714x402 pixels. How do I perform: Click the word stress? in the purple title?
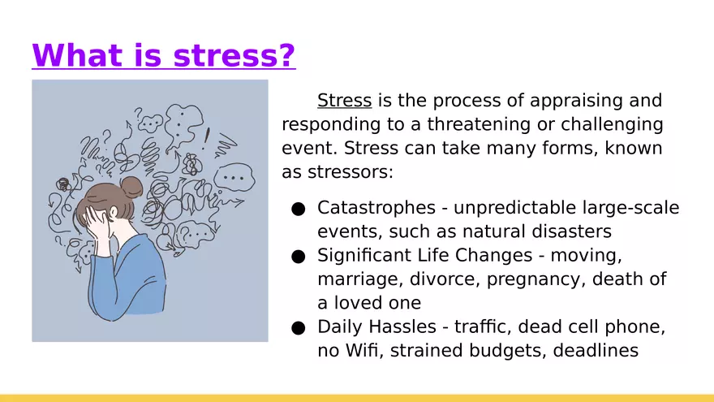(x=234, y=55)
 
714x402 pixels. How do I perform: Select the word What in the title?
(x=78, y=54)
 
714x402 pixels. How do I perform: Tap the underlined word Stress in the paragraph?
(x=344, y=100)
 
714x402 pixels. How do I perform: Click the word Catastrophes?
(x=376, y=208)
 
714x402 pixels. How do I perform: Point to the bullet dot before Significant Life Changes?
(x=299, y=257)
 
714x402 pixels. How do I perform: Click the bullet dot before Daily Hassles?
(x=299, y=328)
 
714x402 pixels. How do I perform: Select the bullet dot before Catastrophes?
(x=299, y=210)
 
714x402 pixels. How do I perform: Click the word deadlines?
(x=596, y=350)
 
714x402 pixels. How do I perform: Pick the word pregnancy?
(x=536, y=279)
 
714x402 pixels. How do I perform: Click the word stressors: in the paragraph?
(x=351, y=172)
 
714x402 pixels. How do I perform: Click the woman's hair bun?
(x=131, y=188)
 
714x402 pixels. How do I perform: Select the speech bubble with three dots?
(x=234, y=178)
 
